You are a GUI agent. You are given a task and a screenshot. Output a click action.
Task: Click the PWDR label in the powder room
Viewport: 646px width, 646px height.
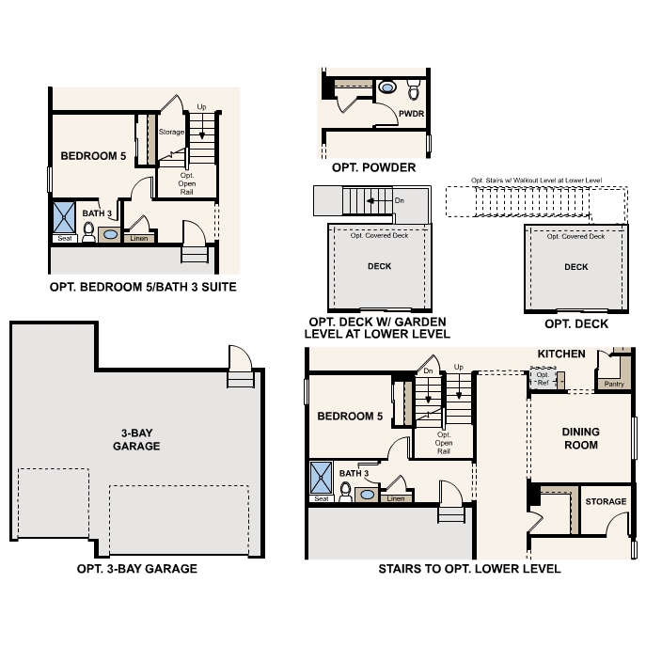tap(411, 113)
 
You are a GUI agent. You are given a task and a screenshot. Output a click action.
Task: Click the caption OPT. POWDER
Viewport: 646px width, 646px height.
tap(373, 167)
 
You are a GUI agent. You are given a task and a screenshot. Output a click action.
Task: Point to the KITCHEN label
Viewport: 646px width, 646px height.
tap(561, 354)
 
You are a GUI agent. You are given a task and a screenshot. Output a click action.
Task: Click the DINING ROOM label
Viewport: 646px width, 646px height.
tap(580, 438)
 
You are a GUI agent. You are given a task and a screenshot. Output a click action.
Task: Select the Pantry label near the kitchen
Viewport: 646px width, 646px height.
tap(614, 384)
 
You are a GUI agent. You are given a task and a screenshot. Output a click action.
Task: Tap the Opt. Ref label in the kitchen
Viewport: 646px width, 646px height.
tap(543, 379)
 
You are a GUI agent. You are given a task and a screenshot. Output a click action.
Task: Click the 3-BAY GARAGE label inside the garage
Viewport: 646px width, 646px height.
tap(136, 439)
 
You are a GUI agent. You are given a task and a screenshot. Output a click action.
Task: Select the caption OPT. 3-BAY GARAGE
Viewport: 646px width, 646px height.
tap(137, 569)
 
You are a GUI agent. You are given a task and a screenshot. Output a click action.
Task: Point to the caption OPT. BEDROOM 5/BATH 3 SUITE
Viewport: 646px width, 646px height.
tap(142, 286)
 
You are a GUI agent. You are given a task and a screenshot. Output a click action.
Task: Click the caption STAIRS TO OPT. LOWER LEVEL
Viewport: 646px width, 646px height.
tap(469, 569)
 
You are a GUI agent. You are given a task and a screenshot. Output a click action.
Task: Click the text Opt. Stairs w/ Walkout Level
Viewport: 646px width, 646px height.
tap(536, 180)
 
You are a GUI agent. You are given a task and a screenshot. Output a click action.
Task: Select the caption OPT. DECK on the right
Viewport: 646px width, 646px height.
tap(576, 324)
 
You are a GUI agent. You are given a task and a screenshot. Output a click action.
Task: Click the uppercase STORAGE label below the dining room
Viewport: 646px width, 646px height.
tap(605, 502)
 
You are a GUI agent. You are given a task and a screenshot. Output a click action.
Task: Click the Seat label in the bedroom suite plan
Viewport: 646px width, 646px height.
tap(65, 238)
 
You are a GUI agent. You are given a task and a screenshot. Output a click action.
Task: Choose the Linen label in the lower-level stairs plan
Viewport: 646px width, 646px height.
tap(396, 498)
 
